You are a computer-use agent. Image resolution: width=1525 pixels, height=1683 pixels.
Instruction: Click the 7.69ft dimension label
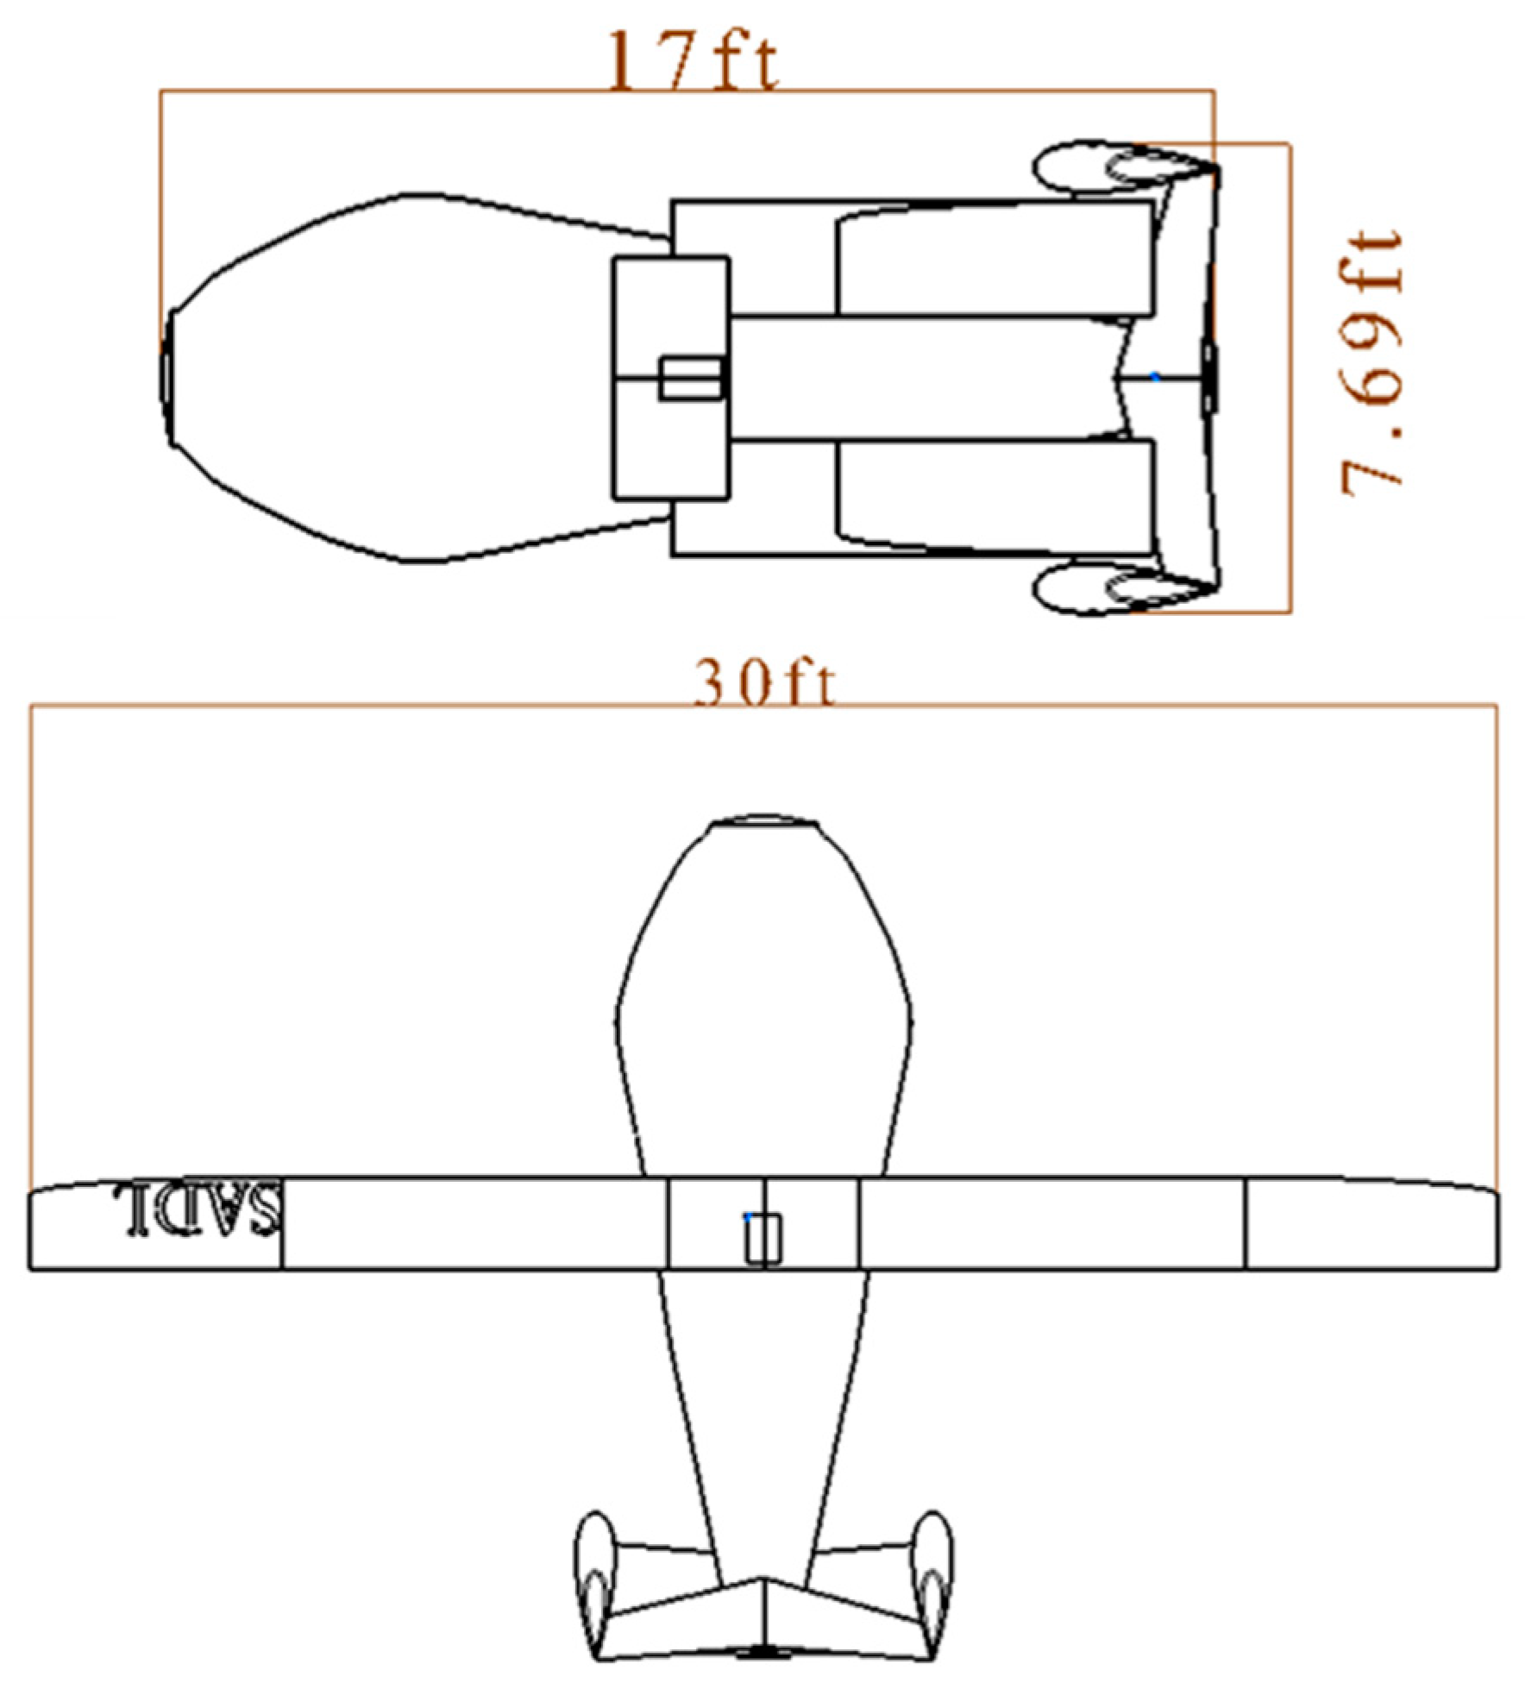coord(1371,362)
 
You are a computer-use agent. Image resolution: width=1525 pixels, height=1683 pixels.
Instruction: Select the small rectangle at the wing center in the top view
coord(762,1239)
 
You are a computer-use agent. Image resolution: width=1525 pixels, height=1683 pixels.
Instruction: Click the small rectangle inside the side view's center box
coord(690,379)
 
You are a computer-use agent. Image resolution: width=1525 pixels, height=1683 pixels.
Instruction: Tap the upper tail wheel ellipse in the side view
coord(1121,166)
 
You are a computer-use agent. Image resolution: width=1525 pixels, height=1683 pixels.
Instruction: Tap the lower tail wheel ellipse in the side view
coord(1121,590)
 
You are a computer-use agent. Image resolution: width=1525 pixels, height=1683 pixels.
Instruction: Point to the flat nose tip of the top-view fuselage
coord(762,821)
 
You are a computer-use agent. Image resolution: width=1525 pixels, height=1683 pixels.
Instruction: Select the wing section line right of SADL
coord(282,1223)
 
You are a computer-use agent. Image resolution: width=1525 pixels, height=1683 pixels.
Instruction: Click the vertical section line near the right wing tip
coord(1246,1223)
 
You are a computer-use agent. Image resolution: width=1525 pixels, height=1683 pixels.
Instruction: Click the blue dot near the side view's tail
coord(1155,376)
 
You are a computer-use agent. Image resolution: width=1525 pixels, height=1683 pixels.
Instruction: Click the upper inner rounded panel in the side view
coord(992,259)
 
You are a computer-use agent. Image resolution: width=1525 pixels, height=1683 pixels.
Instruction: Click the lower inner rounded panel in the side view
coord(992,496)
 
